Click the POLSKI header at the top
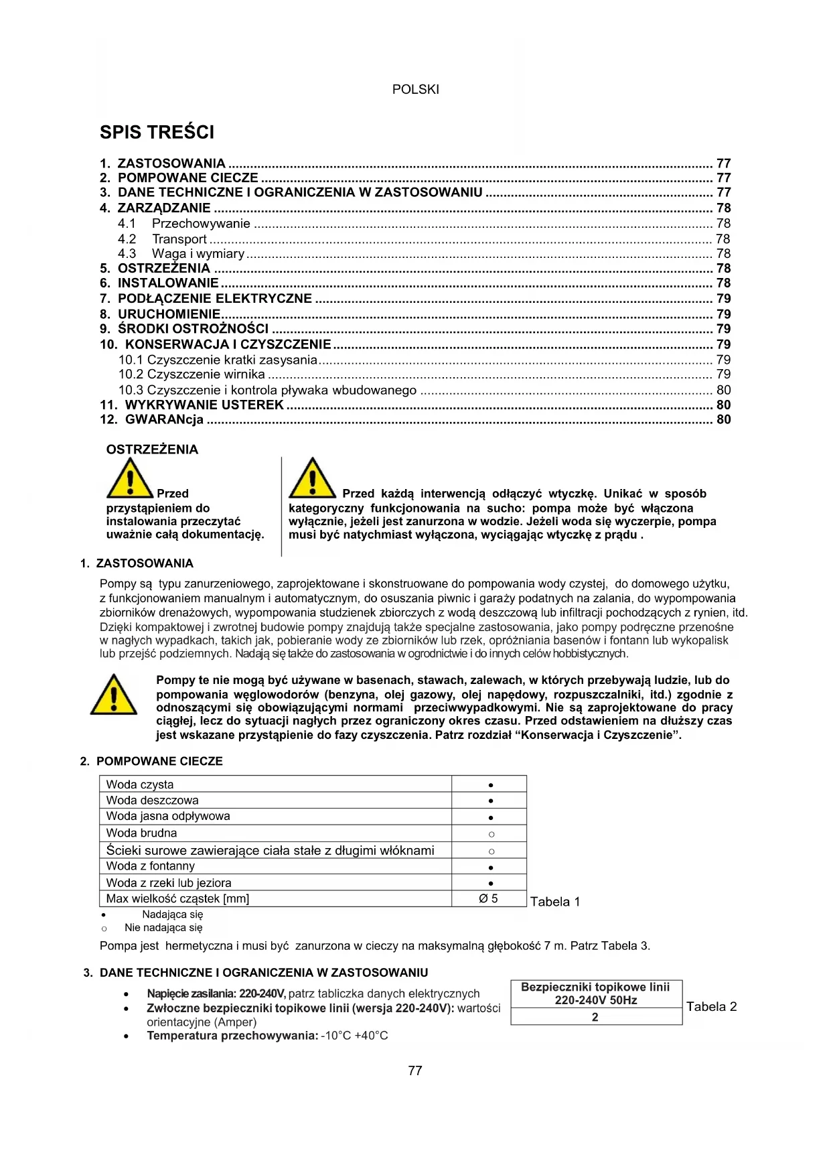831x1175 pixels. [415, 89]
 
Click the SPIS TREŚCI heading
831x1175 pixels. [157, 132]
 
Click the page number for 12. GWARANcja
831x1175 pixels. [723, 420]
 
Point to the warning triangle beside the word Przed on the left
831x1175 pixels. [130, 478]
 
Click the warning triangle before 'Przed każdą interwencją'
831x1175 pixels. [312, 478]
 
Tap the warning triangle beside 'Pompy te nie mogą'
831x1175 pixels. [114, 695]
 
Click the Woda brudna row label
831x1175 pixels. [141, 833]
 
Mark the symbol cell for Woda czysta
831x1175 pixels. [491, 784]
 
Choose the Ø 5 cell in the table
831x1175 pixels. [489, 899]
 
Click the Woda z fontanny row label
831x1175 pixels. [150, 866]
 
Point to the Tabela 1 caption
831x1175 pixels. [555, 902]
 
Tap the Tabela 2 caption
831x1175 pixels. [711, 1007]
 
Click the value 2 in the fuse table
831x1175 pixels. [595, 1017]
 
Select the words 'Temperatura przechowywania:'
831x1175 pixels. [232, 1036]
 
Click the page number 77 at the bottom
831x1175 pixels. [415, 1070]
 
